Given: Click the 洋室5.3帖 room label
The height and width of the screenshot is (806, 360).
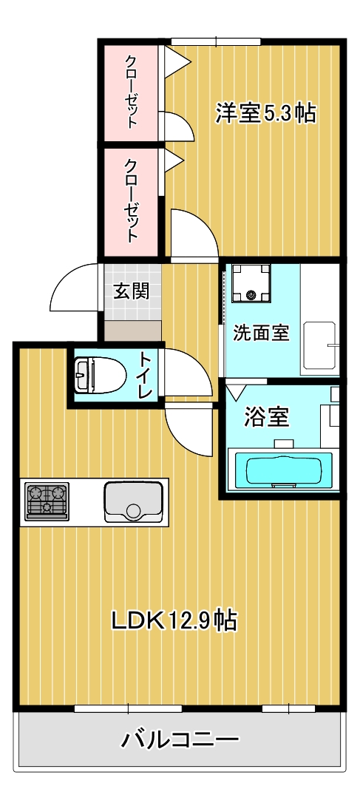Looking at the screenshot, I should pos(265,113).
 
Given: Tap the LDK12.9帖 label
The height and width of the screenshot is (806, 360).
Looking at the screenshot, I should pos(174,620).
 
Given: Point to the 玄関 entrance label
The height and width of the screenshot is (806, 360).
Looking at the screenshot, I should pos(131,291).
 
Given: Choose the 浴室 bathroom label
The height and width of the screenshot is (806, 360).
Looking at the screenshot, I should pos(266,418).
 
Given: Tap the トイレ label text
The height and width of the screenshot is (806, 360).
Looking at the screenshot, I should pos(146,376).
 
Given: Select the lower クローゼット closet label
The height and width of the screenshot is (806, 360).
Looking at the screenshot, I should pos(131,200).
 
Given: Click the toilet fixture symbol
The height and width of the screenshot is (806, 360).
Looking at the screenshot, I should pos(98,375).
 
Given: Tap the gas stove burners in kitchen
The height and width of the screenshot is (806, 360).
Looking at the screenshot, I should pos(47,501).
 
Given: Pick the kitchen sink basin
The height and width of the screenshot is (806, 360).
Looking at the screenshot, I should pos(133,501).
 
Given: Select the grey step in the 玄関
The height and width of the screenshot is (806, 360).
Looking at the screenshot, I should pos(132,331).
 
